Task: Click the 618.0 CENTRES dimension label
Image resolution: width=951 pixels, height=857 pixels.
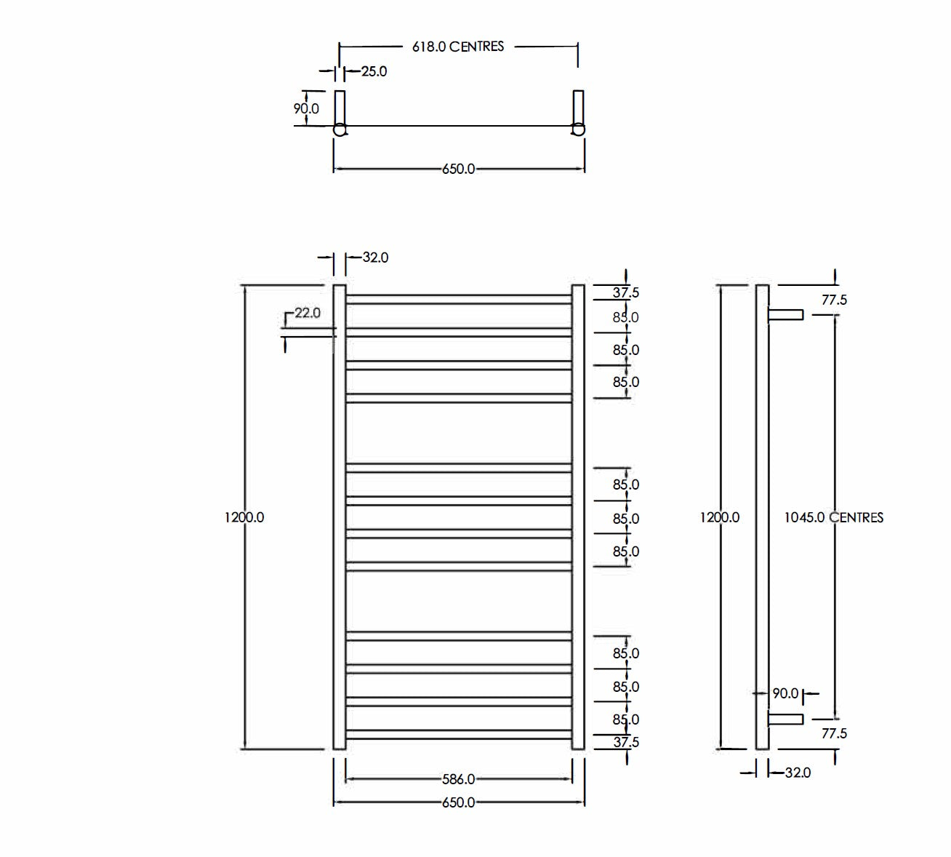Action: tap(457, 47)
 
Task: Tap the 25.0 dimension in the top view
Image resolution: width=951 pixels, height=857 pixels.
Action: tap(374, 71)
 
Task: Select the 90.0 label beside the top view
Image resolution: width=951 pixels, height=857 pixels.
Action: tap(305, 108)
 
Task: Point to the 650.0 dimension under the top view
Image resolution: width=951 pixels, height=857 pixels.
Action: tap(458, 169)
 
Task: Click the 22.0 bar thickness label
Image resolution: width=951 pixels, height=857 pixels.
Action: tap(307, 313)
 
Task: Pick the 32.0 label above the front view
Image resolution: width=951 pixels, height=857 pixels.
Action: tap(375, 258)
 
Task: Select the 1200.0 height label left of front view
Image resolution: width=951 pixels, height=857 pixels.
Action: tap(244, 517)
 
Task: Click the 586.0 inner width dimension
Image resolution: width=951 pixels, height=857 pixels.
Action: tap(458, 779)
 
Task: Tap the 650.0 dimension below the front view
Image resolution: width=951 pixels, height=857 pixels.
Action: tap(458, 802)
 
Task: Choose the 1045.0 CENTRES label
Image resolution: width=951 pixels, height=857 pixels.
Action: tap(834, 517)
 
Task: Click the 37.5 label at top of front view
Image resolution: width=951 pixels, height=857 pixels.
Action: tap(625, 292)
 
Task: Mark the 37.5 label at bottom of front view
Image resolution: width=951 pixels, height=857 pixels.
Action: tap(625, 742)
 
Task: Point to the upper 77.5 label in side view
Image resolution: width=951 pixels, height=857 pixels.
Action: tap(834, 300)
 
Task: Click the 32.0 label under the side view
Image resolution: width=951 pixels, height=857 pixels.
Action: tap(798, 773)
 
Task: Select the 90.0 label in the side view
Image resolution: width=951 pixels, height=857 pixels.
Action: tap(785, 693)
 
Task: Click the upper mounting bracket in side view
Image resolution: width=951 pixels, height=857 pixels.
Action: tap(785, 314)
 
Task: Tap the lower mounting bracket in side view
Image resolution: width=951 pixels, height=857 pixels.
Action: tap(785, 720)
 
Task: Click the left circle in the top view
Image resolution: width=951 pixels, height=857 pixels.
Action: tap(340, 130)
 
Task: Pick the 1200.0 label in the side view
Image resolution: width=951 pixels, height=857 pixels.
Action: tap(720, 517)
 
